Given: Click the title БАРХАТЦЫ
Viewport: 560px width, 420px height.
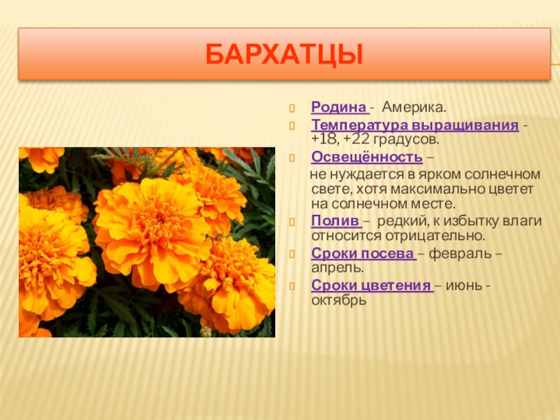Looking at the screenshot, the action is [284, 55].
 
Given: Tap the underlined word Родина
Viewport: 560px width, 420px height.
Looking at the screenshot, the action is [339, 107].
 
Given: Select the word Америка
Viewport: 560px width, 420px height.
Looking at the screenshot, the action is [414, 107].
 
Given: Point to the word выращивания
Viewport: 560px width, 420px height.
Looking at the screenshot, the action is [465, 125].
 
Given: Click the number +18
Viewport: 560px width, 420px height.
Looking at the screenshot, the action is [325, 139].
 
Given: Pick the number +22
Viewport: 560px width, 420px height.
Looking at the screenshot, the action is [356, 139].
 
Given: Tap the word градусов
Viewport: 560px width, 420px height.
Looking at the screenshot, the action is [406, 140].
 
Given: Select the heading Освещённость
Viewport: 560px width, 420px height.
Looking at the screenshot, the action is [367, 157].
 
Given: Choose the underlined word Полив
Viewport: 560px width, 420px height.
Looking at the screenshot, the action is [335, 221].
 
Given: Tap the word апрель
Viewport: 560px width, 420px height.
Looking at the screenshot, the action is [337, 268].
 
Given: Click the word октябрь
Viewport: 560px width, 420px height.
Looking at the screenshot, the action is [339, 300].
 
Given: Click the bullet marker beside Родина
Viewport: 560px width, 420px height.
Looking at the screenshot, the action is [292, 108].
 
